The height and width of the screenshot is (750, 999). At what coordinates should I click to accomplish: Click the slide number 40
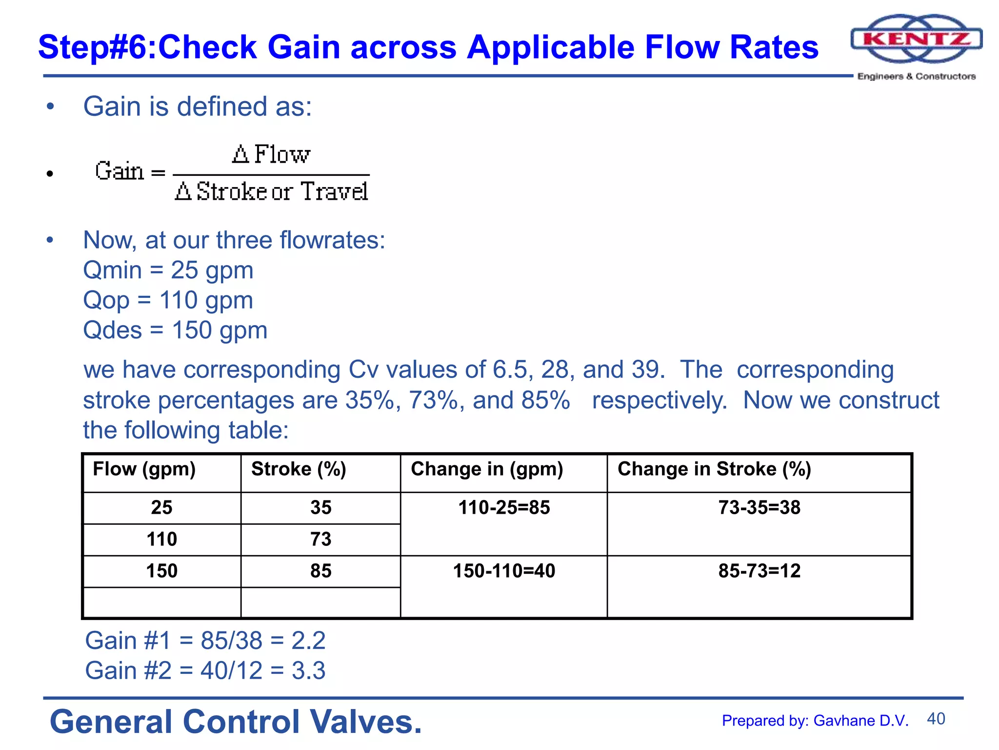tap(936, 719)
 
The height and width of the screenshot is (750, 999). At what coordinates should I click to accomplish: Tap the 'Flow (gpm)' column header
tap(144, 469)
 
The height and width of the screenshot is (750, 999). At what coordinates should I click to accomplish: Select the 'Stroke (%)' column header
tap(299, 469)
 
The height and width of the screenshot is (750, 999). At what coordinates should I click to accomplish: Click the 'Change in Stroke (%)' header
tap(714, 469)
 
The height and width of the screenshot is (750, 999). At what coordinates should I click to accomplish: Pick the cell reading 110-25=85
tap(504, 507)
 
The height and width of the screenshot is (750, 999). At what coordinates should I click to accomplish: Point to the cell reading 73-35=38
tap(759, 507)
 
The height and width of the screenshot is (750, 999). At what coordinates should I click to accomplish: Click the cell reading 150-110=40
tap(504, 570)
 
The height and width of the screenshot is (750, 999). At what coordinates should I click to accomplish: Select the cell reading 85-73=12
tap(759, 570)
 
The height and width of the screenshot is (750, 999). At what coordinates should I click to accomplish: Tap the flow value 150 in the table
tap(161, 570)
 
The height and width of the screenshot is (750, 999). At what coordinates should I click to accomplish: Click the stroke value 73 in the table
tap(320, 539)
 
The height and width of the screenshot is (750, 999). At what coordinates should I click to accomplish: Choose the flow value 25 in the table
tap(161, 507)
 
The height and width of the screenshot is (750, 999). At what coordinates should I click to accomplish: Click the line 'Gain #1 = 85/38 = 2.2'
tap(205, 640)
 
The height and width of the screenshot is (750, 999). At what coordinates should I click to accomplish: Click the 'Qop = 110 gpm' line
tap(168, 300)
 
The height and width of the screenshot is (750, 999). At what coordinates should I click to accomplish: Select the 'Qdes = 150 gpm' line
tap(175, 330)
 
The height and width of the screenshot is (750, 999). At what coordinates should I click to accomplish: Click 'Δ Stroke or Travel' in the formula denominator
tap(271, 191)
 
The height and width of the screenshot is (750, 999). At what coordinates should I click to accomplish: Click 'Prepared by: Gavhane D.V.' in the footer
tap(815, 721)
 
